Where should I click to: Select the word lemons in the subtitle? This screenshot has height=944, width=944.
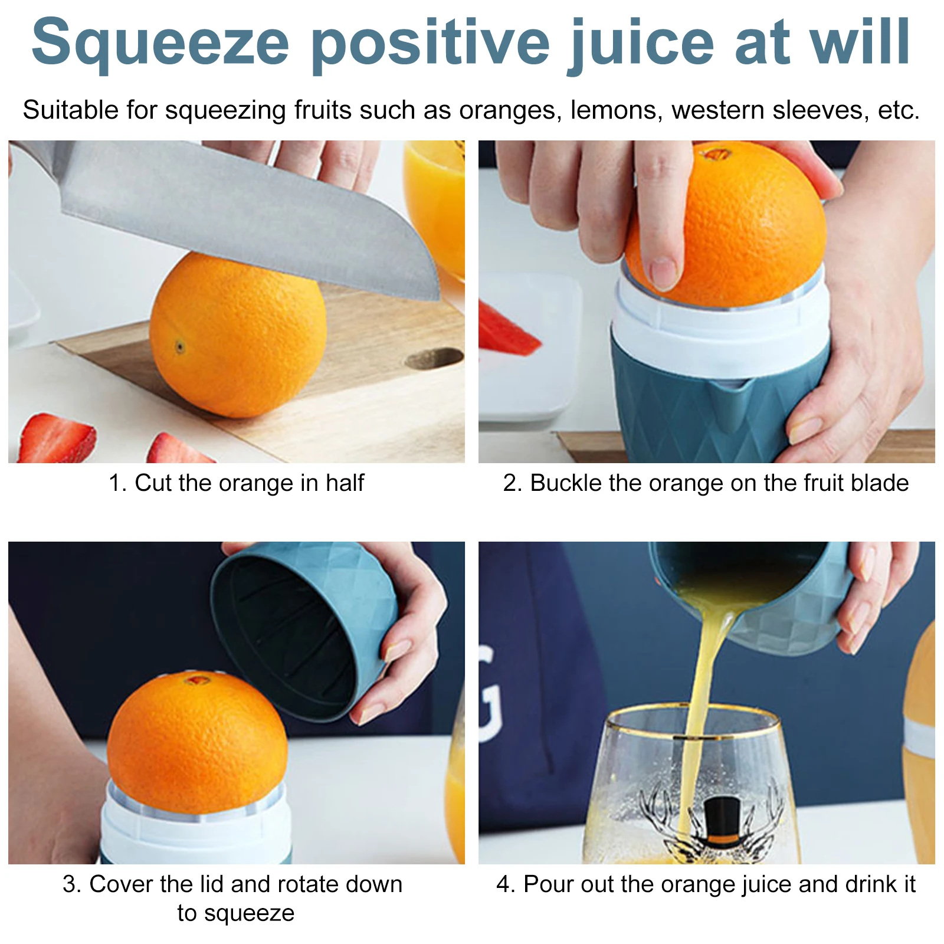tap(617, 111)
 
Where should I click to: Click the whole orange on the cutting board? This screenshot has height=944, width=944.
tap(238, 335)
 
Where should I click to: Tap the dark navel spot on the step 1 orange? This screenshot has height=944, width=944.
tap(179, 347)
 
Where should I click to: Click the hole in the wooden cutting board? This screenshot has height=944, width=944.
tap(434, 359)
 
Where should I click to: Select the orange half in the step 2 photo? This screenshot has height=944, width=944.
tap(725, 224)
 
